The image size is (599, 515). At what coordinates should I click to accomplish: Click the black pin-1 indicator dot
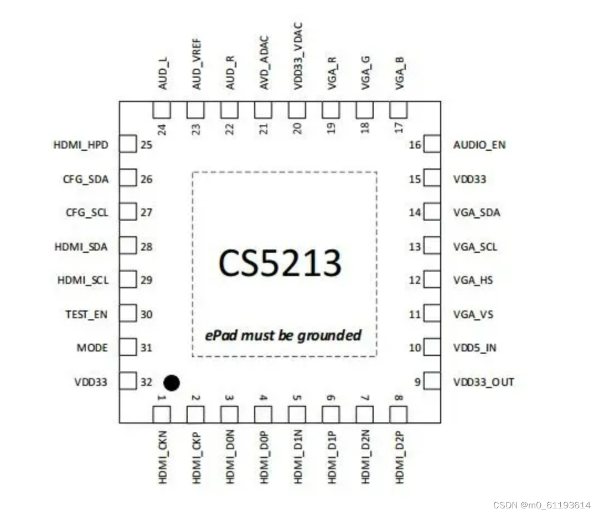click(172, 383)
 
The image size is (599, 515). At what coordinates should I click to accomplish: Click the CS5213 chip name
click(279, 263)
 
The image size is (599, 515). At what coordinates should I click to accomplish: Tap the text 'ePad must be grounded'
click(283, 335)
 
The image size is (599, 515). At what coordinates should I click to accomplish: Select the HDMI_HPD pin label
click(81, 145)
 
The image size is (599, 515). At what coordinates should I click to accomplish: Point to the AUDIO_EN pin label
click(479, 145)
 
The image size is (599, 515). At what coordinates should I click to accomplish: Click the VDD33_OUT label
click(484, 382)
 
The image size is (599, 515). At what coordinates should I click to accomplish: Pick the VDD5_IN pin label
click(475, 348)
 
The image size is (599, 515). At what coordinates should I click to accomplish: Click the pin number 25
click(146, 145)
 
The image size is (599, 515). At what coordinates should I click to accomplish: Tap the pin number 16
click(415, 145)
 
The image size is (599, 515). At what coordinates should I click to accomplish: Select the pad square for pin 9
click(432, 381)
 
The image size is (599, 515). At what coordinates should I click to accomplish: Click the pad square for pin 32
click(128, 381)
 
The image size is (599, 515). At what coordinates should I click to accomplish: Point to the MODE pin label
click(92, 348)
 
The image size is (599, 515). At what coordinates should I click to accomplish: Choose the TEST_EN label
click(86, 314)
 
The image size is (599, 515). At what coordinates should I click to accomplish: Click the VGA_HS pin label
click(473, 280)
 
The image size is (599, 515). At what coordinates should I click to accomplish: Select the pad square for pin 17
click(399, 110)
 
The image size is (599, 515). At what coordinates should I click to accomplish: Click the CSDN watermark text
click(541, 505)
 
